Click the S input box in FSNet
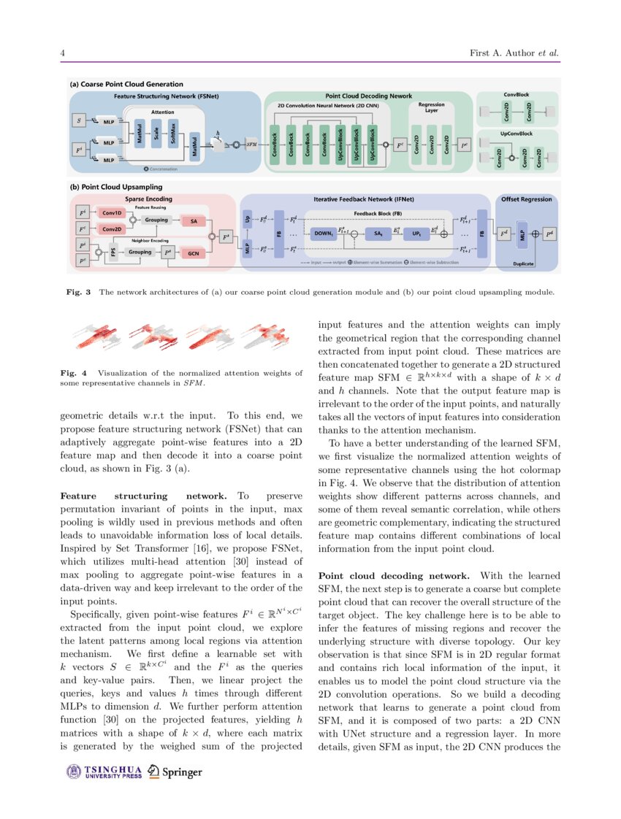[79, 120]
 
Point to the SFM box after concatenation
[252, 145]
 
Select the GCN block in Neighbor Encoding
[193, 253]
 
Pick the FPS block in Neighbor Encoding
[113, 252]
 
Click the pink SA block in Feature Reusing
[193, 221]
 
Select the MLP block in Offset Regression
[522, 234]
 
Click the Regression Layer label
[431, 107]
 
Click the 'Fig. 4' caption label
[73, 373]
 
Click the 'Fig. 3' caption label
[78, 293]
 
